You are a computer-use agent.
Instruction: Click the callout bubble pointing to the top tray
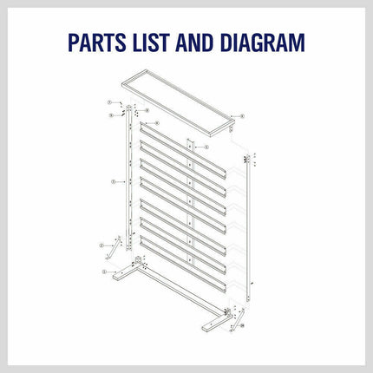[242, 115]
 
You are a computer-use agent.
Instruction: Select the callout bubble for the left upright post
[114, 183]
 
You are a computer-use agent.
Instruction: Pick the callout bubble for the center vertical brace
[206, 148]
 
